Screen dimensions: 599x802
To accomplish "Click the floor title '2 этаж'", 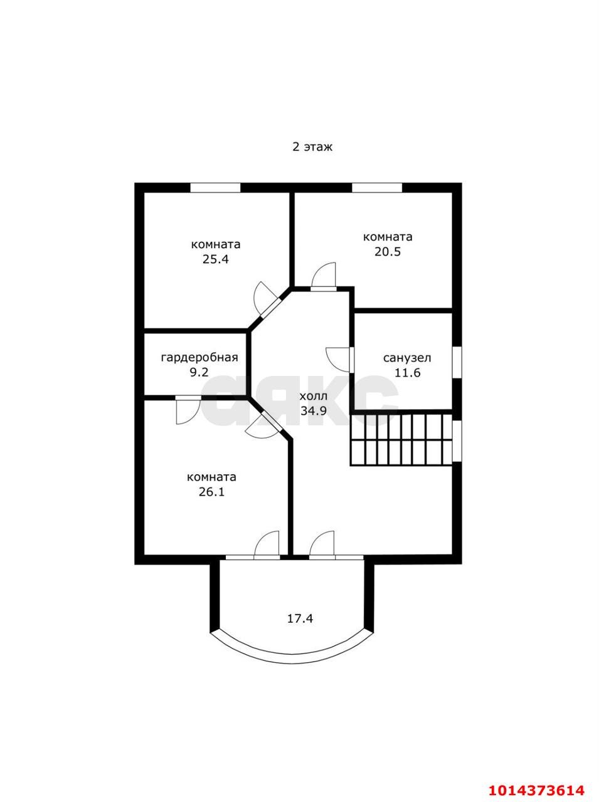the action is click(x=312, y=147).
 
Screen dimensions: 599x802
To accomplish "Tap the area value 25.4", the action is click(x=216, y=259).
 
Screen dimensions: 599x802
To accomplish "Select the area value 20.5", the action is click(x=388, y=252).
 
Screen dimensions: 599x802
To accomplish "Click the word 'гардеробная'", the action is click(x=199, y=357).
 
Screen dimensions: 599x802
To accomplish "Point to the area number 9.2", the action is click(x=199, y=372).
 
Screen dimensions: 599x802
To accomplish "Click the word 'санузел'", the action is click(x=407, y=358).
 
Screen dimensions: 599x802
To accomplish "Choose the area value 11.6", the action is click(x=407, y=373).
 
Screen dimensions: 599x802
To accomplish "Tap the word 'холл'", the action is click(x=314, y=397).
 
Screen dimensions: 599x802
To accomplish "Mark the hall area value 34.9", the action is click(x=314, y=411).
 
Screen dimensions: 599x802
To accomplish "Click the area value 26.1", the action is click(x=212, y=492).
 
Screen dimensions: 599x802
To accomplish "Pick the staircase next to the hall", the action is click(x=401, y=440).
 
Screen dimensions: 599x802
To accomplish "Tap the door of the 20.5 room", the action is click(x=323, y=276).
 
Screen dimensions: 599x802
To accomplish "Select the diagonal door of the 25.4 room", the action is click(x=267, y=299).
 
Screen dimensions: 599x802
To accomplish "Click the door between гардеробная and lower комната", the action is click(x=188, y=410).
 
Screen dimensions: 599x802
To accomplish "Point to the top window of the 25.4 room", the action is click(x=215, y=187).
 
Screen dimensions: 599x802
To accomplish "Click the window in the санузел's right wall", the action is click(x=457, y=362).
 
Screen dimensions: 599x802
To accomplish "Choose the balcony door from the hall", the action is click(x=322, y=544).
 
